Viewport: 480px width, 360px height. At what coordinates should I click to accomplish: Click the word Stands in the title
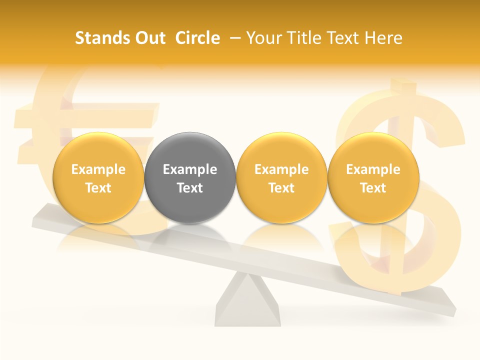coord(101,38)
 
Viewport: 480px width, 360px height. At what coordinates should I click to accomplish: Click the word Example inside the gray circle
coord(190,169)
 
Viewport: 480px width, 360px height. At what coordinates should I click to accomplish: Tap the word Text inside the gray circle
coord(190,188)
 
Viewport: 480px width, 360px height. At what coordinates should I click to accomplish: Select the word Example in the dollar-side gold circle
coord(373,169)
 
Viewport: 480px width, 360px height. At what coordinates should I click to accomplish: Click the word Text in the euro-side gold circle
coord(98,188)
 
